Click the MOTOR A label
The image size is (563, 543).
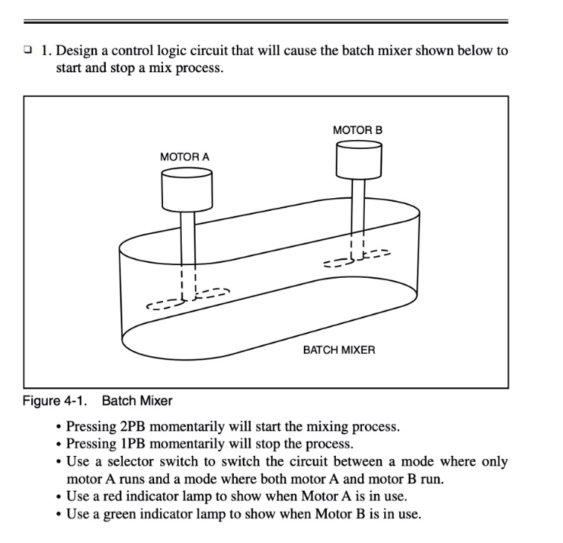pyautogui.click(x=185, y=157)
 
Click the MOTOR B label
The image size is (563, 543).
pyautogui.click(x=357, y=130)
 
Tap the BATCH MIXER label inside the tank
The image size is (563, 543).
pyautogui.click(x=339, y=349)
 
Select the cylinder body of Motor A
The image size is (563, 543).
pyautogui.click(x=187, y=191)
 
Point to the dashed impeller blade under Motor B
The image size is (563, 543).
pyautogui.click(x=357, y=258)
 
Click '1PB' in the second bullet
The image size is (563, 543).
pyautogui.click(x=122, y=444)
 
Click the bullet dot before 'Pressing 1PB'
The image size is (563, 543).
pyautogui.click(x=58, y=445)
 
